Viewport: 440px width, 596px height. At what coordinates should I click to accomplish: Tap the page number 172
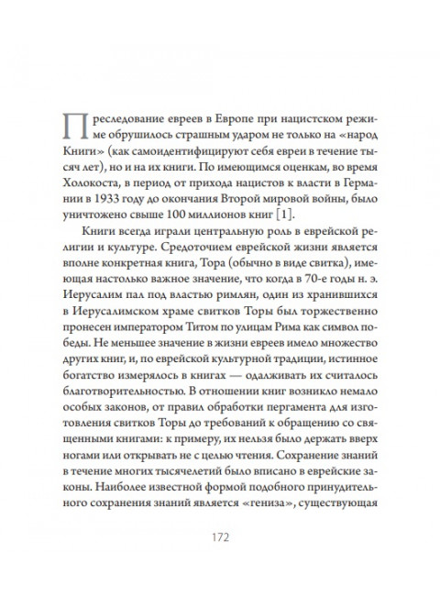219,533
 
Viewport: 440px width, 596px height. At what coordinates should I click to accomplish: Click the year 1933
126,194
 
